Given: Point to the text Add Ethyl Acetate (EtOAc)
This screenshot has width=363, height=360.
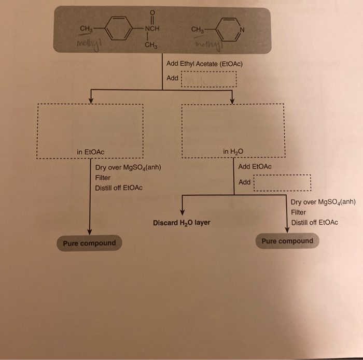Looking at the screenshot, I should pos(204,64).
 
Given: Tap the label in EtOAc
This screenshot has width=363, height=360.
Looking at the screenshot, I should pos(90,152).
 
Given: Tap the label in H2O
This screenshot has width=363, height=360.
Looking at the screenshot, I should pos(233,152).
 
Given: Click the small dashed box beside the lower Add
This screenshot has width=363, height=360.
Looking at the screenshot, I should pos(282,182).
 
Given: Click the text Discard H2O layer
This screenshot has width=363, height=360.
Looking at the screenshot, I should pos(181,223).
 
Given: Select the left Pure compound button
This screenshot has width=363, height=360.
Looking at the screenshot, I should pos(89,243).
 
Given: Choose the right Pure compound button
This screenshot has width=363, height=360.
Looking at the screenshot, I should pos(287,241).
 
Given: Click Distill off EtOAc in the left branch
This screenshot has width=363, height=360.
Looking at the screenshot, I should pos(119,188).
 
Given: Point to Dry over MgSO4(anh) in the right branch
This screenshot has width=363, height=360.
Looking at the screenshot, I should pos(323,203).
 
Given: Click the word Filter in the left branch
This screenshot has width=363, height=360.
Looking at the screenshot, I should pos(103,178).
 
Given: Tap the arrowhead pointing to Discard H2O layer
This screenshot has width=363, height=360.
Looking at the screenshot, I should pos(182,212).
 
